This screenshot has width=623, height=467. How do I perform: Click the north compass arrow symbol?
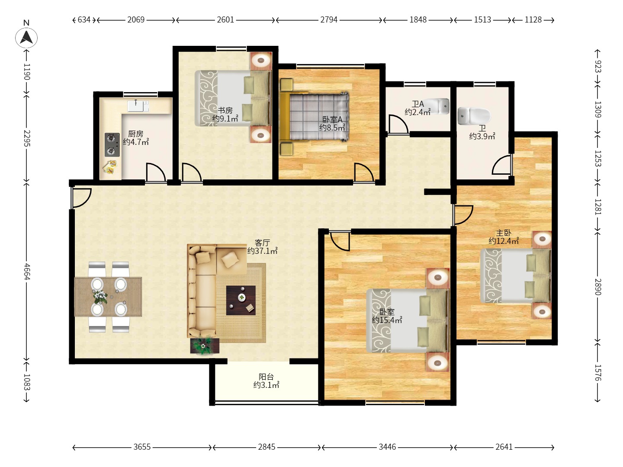point(26,38)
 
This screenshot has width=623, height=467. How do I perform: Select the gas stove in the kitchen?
point(112,144)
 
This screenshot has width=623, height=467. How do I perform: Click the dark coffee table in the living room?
point(241,300)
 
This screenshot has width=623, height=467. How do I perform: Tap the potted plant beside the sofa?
point(204,346)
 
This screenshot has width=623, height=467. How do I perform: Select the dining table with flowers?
point(108,297)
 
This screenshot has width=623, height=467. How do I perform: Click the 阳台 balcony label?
point(266,377)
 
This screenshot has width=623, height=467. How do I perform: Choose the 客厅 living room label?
point(262,243)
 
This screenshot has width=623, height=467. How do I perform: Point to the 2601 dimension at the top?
point(225,20)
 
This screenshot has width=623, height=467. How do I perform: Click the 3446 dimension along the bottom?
point(387,447)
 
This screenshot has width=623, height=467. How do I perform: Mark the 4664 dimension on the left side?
point(27,272)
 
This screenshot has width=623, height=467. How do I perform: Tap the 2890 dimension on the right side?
point(598,287)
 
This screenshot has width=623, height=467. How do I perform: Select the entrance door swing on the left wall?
point(81,198)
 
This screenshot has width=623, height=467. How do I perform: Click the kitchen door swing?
point(156,172)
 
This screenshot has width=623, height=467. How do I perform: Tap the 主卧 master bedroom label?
point(504,233)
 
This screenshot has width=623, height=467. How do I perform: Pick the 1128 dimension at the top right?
point(533,20)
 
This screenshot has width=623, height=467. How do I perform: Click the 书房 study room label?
point(225,110)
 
